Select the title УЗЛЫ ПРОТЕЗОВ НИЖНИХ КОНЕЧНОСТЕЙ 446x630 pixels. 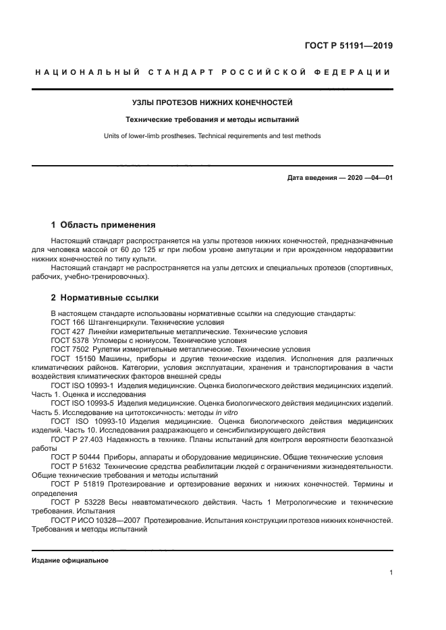coord(213,102)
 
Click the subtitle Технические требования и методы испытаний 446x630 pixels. coord(213,119)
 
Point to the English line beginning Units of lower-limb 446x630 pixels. coord(213,135)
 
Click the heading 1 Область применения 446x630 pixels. coord(103,224)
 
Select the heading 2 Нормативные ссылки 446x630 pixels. coord(105,297)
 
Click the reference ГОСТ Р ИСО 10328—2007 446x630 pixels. coord(101,520)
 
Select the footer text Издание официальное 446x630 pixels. coord(70,561)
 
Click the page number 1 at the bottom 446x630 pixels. coord(391,573)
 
